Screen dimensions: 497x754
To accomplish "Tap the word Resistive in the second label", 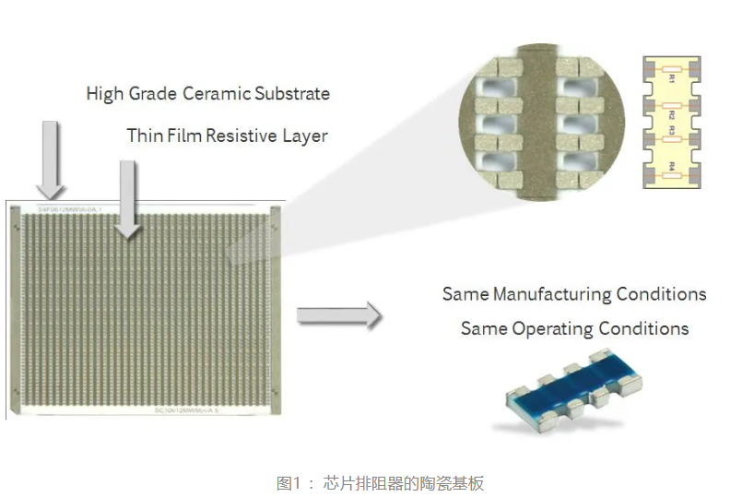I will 242,136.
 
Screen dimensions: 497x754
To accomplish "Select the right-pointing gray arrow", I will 338,316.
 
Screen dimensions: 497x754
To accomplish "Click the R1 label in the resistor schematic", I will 672,80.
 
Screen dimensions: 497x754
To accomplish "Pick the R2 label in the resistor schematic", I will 672,117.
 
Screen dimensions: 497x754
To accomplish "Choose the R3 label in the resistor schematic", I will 672,132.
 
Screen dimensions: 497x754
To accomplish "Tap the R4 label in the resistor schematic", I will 672,167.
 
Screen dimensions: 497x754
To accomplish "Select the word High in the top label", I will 103,93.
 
